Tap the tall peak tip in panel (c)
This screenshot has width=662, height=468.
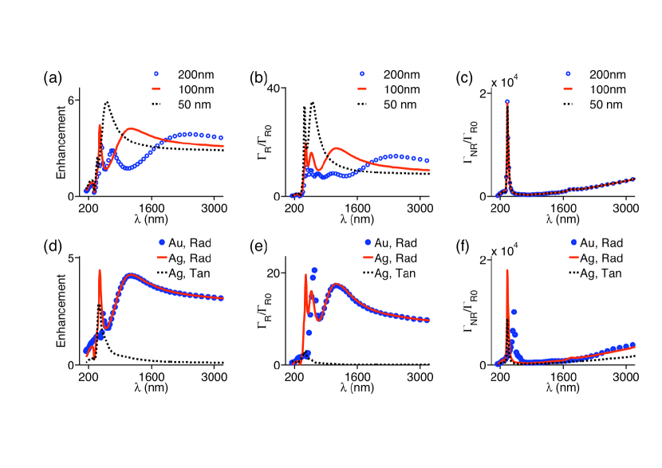[x=507, y=101]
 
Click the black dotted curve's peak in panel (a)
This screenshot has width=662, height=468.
[x=107, y=102]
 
